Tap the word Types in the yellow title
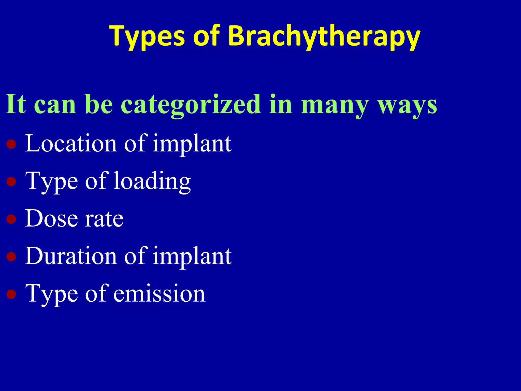(x=147, y=36)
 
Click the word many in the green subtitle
(x=335, y=104)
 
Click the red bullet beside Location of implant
(x=11, y=144)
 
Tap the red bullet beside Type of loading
(x=11, y=181)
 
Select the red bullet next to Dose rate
(x=11, y=219)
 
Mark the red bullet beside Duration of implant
(x=11, y=256)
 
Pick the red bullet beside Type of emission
(x=11, y=294)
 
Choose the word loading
(x=152, y=181)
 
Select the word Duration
(x=71, y=256)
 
